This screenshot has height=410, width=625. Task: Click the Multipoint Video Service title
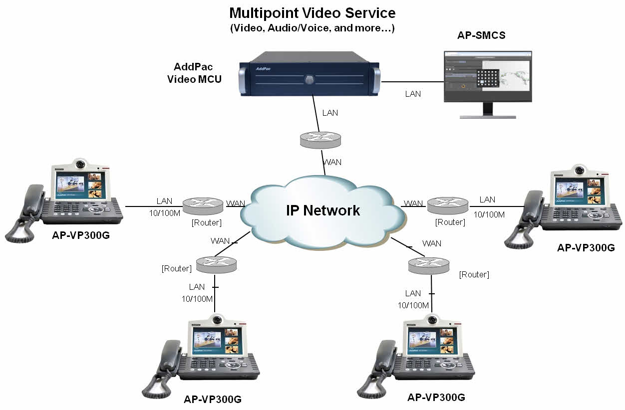(x=312, y=12)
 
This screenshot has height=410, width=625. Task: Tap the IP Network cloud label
(x=322, y=210)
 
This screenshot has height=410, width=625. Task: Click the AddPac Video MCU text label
(x=194, y=72)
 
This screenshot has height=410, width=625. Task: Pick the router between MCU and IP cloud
(x=320, y=138)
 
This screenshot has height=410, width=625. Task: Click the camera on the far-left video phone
(x=79, y=164)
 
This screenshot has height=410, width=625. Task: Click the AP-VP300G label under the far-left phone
(x=80, y=235)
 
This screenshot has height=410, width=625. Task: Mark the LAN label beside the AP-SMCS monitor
(x=413, y=94)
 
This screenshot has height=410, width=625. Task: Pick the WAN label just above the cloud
(x=332, y=162)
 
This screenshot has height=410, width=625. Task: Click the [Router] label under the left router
(x=207, y=222)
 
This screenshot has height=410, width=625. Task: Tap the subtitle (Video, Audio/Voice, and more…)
(x=312, y=28)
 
